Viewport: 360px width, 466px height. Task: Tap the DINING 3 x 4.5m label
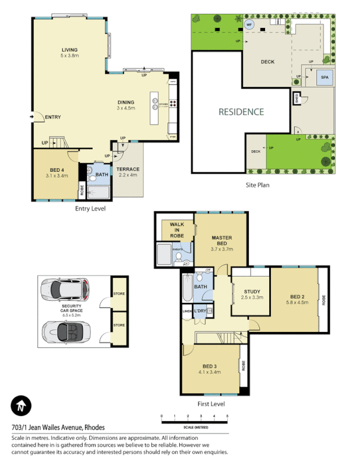[125, 105]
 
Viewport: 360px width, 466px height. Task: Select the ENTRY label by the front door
[52, 117]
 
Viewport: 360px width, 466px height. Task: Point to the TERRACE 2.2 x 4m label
[127, 172]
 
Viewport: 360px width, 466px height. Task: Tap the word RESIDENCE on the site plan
[241, 112]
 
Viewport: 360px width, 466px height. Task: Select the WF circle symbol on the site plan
[249, 25]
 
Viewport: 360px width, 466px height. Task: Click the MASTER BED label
[221, 241]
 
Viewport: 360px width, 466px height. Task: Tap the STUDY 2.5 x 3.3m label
[252, 295]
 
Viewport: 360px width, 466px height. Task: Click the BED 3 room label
[209, 369]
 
